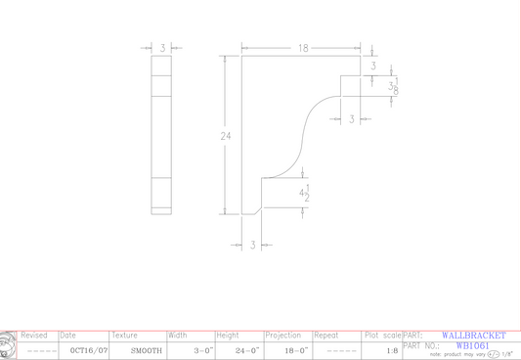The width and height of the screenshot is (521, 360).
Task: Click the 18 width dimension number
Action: (304, 47)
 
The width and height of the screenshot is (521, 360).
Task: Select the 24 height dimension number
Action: (226, 136)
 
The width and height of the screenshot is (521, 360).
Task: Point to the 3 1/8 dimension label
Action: (393, 87)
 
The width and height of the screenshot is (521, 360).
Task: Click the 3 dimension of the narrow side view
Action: (162, 47)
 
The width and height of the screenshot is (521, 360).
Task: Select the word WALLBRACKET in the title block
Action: (473, 336)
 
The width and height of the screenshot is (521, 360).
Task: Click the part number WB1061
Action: (472, 345)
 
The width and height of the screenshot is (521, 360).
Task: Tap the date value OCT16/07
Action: (83, 350)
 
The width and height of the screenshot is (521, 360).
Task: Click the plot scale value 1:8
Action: (392, 350)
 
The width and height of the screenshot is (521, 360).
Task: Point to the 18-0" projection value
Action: (296, 350)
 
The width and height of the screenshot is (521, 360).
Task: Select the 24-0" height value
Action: (247, 350)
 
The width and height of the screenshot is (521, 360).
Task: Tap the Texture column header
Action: (124, 336)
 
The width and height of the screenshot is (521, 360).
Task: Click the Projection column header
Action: (283, 336)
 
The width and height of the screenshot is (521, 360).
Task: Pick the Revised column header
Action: (34, 336)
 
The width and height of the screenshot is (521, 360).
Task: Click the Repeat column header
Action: (326, 336)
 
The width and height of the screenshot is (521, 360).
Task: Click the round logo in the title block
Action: (8, 344)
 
